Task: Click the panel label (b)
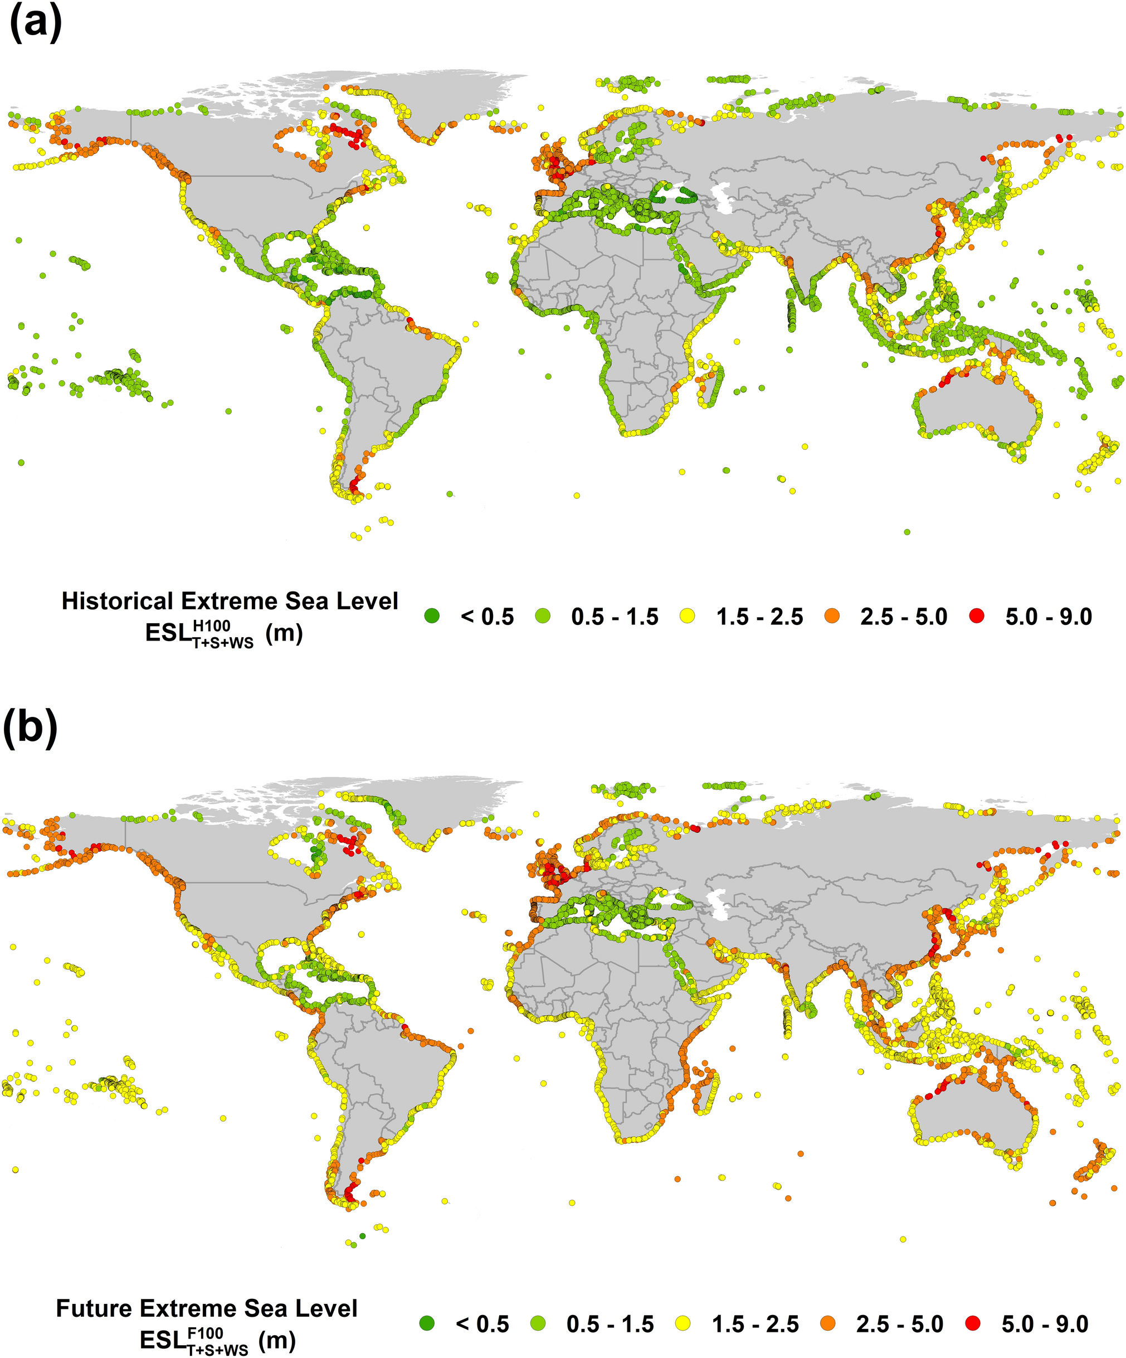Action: click(x=31, y=727)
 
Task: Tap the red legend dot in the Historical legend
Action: click(x=977, y=616)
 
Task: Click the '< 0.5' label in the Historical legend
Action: click(x=487, y=617)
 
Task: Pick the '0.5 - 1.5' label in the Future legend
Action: click(x=610, y=1324)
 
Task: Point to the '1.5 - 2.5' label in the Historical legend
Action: click(x=759, y=617)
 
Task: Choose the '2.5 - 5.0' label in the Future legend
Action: click(x=900, y=1324)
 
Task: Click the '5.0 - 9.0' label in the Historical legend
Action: click(x=1049, y=617)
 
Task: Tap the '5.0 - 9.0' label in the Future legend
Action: click(x=1045, y=1324)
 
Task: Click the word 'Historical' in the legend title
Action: click(x=116, y=601)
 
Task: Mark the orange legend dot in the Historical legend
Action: click(x=832, y=616)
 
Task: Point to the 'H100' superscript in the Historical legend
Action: click(x=211, y=625)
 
